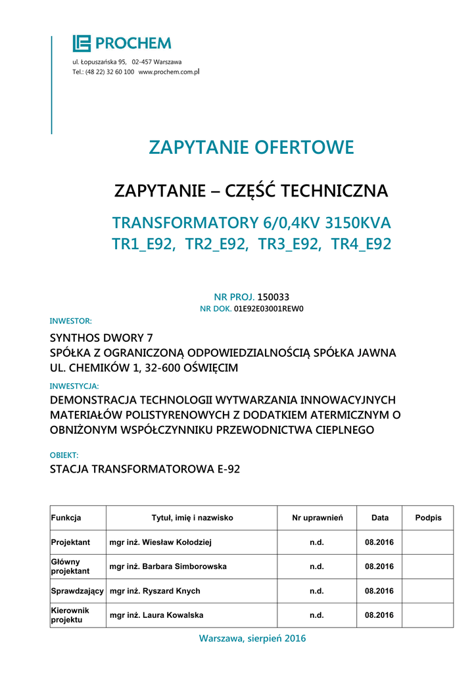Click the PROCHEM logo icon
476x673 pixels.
(x=81, y=43)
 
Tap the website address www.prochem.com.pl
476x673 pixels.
(x=169, y=71)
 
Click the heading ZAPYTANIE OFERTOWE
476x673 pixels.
(x=251, y=147)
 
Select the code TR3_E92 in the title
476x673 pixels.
(x=287, y=244)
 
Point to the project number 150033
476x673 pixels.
(x=273, y=297)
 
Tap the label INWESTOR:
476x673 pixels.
(x=71, y=321)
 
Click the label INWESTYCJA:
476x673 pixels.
(x=74, y=386)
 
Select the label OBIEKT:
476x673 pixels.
(x=64, y=455)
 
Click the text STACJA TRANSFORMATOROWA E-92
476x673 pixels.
(x=145, y=469)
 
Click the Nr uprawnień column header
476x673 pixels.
(x=318, y=518)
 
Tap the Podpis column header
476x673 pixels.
(x=428, y=518)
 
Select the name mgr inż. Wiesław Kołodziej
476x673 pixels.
(x=160, y=542)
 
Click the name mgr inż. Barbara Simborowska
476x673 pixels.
(x=168, y=567)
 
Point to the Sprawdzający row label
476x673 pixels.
(x=78, y=591)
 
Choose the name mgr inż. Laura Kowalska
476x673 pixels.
(x=156, y=615)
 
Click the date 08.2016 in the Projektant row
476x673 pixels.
(x=379, y=542)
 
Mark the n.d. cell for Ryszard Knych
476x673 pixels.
(x=317, y=591)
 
